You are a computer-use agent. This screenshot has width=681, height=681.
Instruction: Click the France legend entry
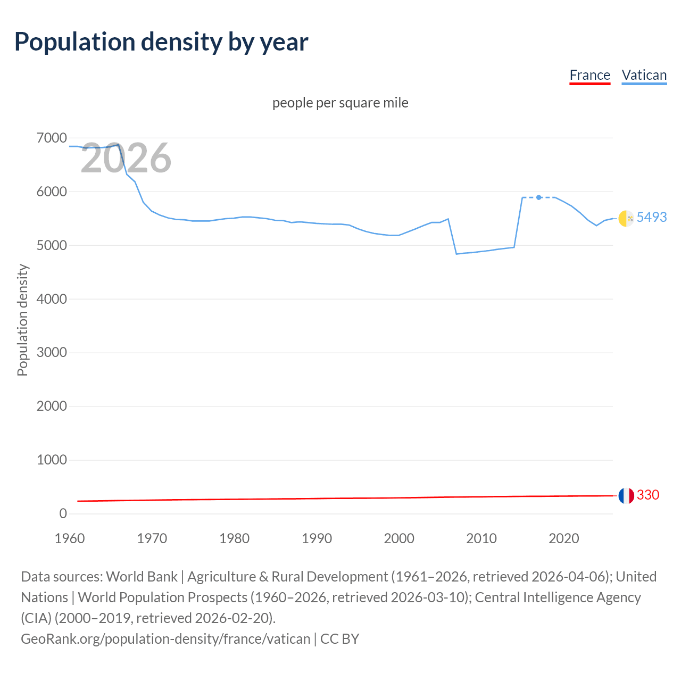pos(589,75)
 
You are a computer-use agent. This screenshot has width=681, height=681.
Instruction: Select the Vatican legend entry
pos(644,75)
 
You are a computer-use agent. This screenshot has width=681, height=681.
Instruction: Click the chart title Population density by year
pos(161,42)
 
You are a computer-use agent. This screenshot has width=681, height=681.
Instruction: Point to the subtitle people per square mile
pos(340,103)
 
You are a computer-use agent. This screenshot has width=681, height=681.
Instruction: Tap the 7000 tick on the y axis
pos(52,138)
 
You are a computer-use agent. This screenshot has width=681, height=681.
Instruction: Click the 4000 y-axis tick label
pos(52,299)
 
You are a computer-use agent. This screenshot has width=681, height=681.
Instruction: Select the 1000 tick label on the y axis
pos(52,460)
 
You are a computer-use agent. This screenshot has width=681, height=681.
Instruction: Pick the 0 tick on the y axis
pos(63,513)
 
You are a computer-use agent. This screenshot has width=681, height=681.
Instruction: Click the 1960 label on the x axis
pos(70,538)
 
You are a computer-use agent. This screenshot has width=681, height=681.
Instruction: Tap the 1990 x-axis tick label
pos(317,538)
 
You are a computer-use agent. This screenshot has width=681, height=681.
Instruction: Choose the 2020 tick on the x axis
pos(563,538)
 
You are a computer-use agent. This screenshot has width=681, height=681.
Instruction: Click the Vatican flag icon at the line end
pos(626,218)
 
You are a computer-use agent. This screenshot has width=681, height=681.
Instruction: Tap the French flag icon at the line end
pos(626,496)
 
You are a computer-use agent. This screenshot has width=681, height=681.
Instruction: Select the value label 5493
pos(651,217)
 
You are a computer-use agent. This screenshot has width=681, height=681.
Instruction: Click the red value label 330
pos(647,495)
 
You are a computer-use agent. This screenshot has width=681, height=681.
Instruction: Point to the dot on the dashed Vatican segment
pos(539,197)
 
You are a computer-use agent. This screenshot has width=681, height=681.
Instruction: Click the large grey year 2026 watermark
pos(126,158)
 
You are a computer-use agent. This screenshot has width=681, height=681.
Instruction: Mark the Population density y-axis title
pos(22,320)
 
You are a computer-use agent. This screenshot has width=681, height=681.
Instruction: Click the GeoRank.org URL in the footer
pos(165,638)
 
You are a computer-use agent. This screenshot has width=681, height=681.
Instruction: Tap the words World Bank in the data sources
pos(142,577)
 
